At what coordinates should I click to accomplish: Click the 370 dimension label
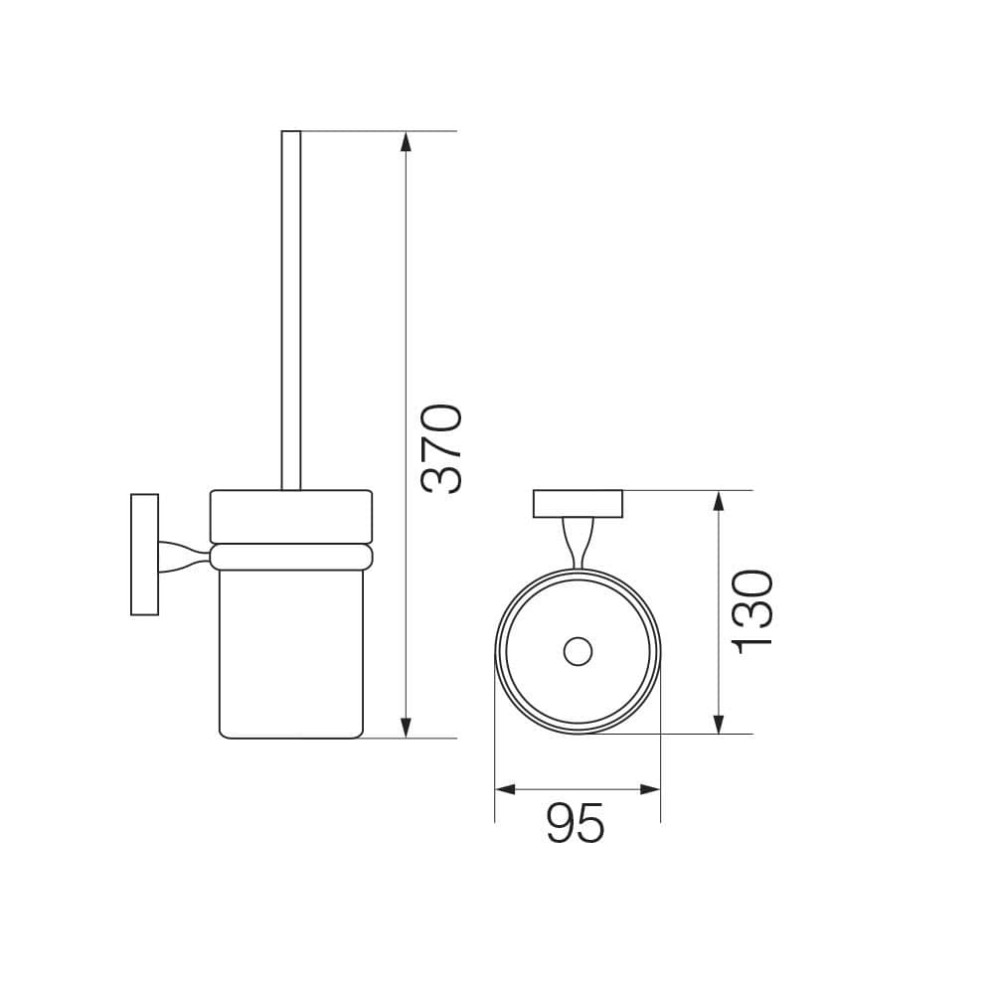[441, 449]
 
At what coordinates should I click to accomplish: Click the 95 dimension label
[576, 822]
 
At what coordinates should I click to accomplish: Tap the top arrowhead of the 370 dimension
[407, 141]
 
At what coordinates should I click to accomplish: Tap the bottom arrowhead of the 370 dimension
[407, 728]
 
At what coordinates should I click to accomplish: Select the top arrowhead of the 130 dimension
[719, 501]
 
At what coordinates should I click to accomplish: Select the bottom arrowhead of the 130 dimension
[719, 724]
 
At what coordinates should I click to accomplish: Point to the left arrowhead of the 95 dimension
[505, 789]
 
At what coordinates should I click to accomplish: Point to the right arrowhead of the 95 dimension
[650, 789]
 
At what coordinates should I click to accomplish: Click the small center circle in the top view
[578, 651]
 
